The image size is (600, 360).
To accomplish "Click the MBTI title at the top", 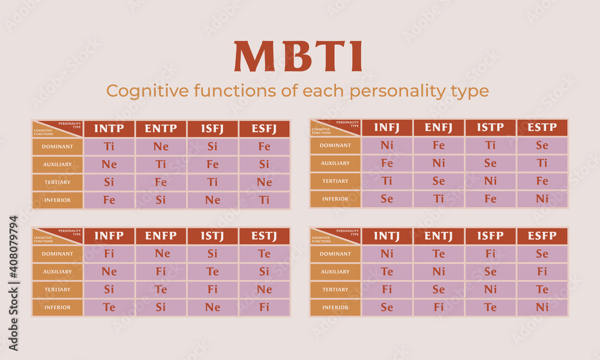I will point(298,56).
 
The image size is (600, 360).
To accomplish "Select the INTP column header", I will point(109,128).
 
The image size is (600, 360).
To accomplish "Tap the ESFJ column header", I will point(264,128).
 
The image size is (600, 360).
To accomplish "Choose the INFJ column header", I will point(387,127).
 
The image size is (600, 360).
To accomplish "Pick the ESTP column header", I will point(542,127).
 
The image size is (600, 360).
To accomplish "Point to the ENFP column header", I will point(161,236).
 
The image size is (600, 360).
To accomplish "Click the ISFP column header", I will point(490,236).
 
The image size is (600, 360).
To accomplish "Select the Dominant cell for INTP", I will point(109,146).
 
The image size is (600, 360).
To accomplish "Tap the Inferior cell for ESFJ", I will point(264,200).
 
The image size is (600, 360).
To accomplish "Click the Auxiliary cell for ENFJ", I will point(439,163).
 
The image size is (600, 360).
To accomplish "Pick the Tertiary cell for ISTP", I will point(490,181).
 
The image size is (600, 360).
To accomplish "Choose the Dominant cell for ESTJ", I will point(264,254).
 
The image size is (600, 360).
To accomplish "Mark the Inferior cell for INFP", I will point(109,308).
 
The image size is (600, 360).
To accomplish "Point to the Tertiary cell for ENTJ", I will point(439,290).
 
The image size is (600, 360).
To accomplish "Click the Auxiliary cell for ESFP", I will point(542,272).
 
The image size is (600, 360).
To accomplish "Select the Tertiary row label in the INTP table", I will point(58,182).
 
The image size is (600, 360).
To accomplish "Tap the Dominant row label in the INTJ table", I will point(335,254).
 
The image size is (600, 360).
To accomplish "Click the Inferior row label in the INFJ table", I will point(335,199).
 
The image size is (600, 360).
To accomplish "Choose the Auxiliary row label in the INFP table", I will point(58,272).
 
